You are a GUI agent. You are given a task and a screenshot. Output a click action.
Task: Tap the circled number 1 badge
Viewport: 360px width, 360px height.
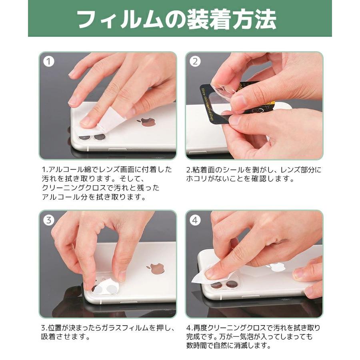click(x=49, y=62)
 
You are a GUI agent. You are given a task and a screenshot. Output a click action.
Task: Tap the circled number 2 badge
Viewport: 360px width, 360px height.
click(x=195, y=62)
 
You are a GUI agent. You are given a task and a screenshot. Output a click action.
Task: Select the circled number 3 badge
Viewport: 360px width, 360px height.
click(x=49, y=220)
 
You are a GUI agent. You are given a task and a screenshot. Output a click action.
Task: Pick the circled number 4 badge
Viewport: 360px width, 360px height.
click(x=195, y=220)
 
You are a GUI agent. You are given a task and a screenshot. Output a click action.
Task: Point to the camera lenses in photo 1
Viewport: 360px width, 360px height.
click(x=92, y=137)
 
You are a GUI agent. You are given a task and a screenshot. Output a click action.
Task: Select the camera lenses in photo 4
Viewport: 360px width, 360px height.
click(x=224, y=285)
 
